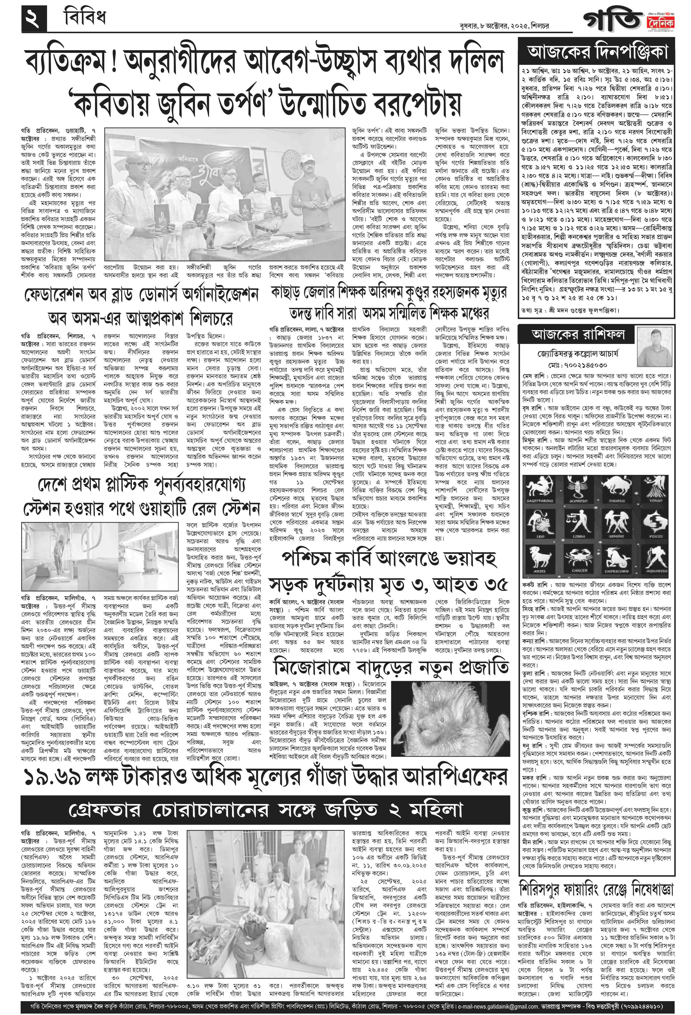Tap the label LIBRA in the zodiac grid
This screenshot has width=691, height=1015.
pyautogui.click(x=578, y=536)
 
